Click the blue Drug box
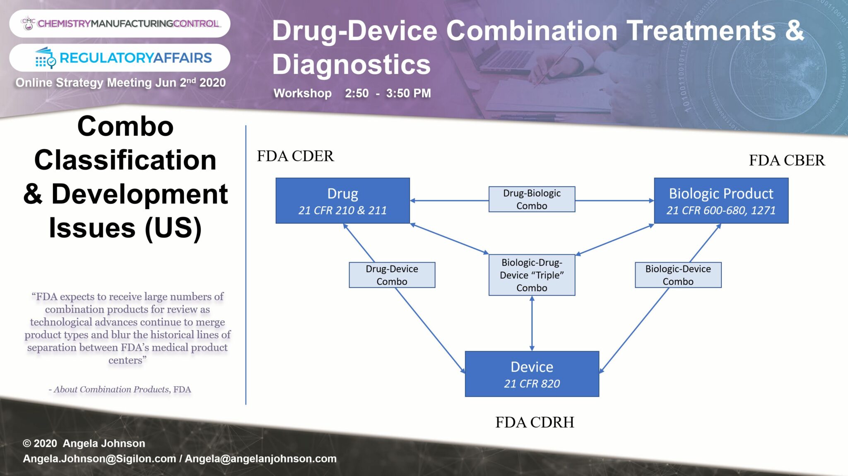coord(342,201)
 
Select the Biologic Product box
coord(721,201)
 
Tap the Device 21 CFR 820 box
coord(532,374)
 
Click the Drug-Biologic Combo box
coord(532,199)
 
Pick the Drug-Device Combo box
coord(392,275)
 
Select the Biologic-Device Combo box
coord(678,275)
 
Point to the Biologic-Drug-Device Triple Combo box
coord(532,275)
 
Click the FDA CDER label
coord(295,156)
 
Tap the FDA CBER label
coord(787,160)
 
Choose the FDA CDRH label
coord(535,422)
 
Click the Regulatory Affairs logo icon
coord(45,58)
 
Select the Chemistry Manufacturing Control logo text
coord(128,24)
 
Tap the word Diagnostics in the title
coord(351,65)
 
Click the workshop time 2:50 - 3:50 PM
coord(388,93)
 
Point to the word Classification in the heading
coord(125,160)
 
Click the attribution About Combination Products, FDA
coord(120,390)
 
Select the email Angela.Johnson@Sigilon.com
coord(99,459)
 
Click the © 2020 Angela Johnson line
coord(84,443)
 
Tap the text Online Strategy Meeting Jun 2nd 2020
coord(120,83)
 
